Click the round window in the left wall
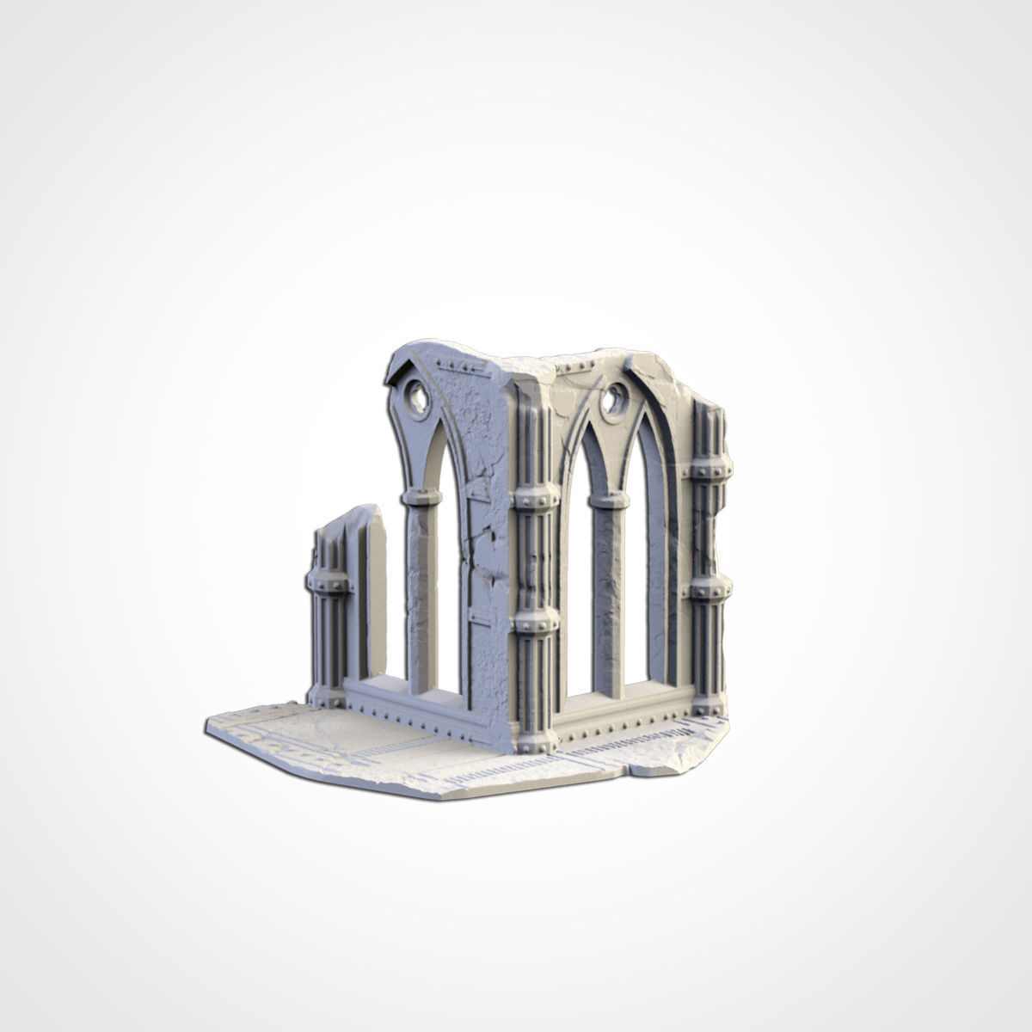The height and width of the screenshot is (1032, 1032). point(416,397)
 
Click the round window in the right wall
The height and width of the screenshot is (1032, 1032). point(615,398)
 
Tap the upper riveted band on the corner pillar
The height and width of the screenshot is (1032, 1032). point(536,499)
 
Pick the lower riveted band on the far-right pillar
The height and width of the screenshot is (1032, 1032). point(710,589)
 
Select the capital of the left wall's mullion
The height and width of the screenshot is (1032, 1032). point(421,497)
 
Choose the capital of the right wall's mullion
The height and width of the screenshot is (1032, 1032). point(609,499)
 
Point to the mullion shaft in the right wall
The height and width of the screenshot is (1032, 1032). point(609,593)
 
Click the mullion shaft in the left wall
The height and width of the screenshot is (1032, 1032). point(422,593)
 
